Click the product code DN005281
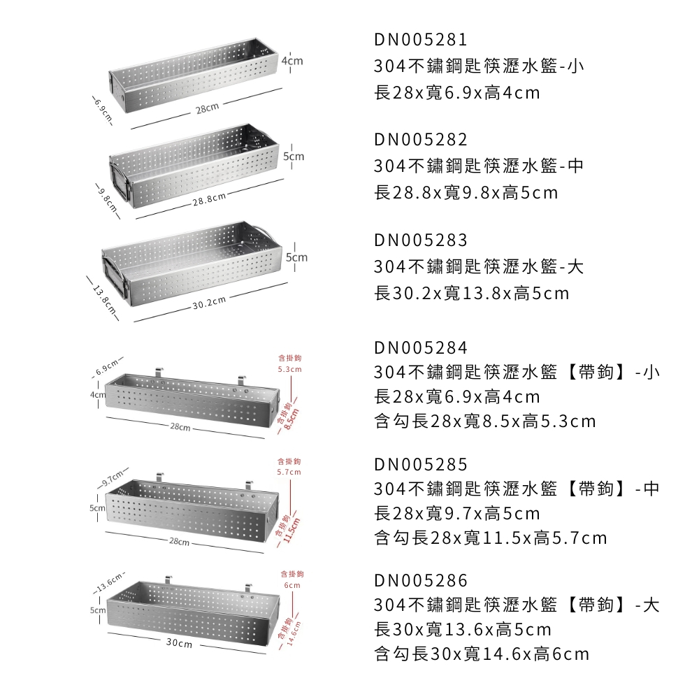click(x=420, y=39)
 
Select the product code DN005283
click(x=420, y=240)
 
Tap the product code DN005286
click(x=420, y=581)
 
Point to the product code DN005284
click(x=420, y=348)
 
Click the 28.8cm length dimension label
click(x=210, y=200)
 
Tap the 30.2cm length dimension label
click(x=210, y=301)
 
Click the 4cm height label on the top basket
click(x=293, y=62)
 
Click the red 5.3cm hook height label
click(x=289, y=369)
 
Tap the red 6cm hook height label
click(x=291, y=585)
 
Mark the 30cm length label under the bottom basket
click(x=180, y=643)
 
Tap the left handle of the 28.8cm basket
click(x=120, y=182)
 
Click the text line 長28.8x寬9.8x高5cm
click(x=466, y=193)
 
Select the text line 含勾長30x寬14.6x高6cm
click(x=482, y=654)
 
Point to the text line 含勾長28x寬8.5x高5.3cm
click(x=485, y=421)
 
